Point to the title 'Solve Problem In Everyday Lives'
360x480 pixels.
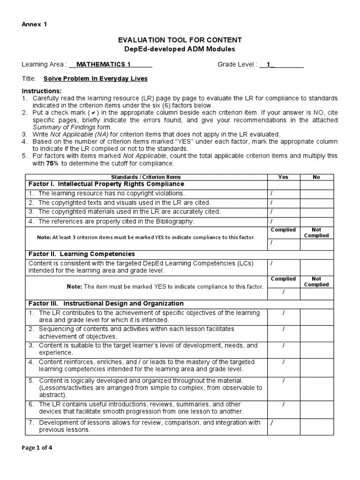tap(95, 79)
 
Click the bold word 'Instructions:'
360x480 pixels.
tap(42, 90)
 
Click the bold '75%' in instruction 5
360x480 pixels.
tap(52, 163)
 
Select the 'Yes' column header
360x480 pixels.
tap(283, 177)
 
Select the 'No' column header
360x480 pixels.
tap(316, 177)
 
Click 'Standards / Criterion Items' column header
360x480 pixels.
tap(145, 177)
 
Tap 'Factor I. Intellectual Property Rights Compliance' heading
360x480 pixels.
tap(106, 184)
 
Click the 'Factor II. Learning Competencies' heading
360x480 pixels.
tap(82, 254)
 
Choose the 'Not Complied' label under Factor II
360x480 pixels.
tap(316, 282)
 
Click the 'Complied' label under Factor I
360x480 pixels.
tap(283, 230)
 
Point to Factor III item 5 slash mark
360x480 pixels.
tap(284, 381)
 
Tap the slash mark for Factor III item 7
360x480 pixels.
tap(272, 423)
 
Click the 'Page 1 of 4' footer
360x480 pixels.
tap(37, 448)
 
